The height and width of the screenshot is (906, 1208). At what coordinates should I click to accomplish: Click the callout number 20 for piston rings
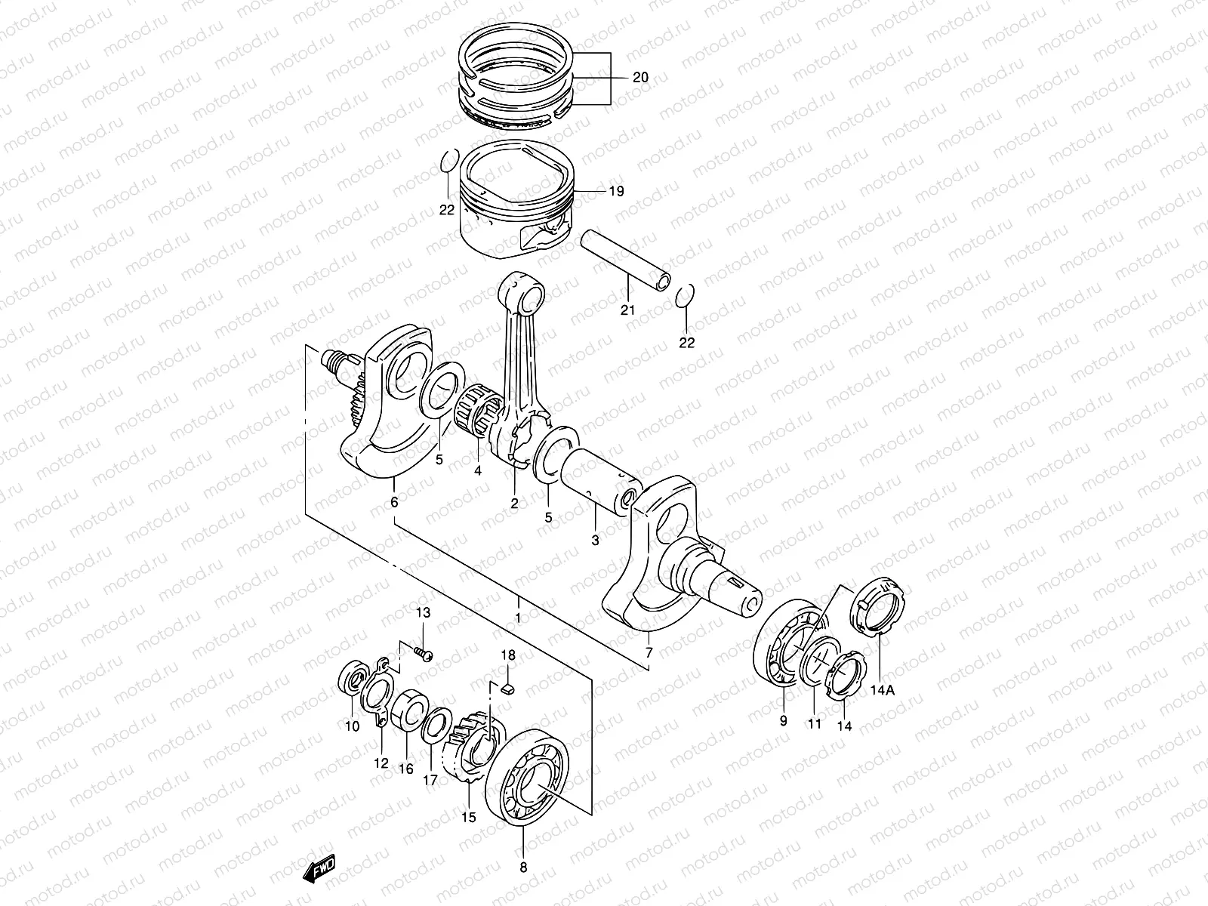[x=640, y=78]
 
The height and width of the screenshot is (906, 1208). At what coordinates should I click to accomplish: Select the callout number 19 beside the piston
[x=616, y=192]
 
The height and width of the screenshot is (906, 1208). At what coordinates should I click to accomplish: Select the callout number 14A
[x=881, y=689]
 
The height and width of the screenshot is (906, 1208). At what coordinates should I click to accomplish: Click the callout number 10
[x=352, y=726]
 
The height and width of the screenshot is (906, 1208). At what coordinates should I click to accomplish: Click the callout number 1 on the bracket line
[x=518, y=618]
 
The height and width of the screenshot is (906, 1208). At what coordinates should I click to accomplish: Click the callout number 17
[x=430, y=781]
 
